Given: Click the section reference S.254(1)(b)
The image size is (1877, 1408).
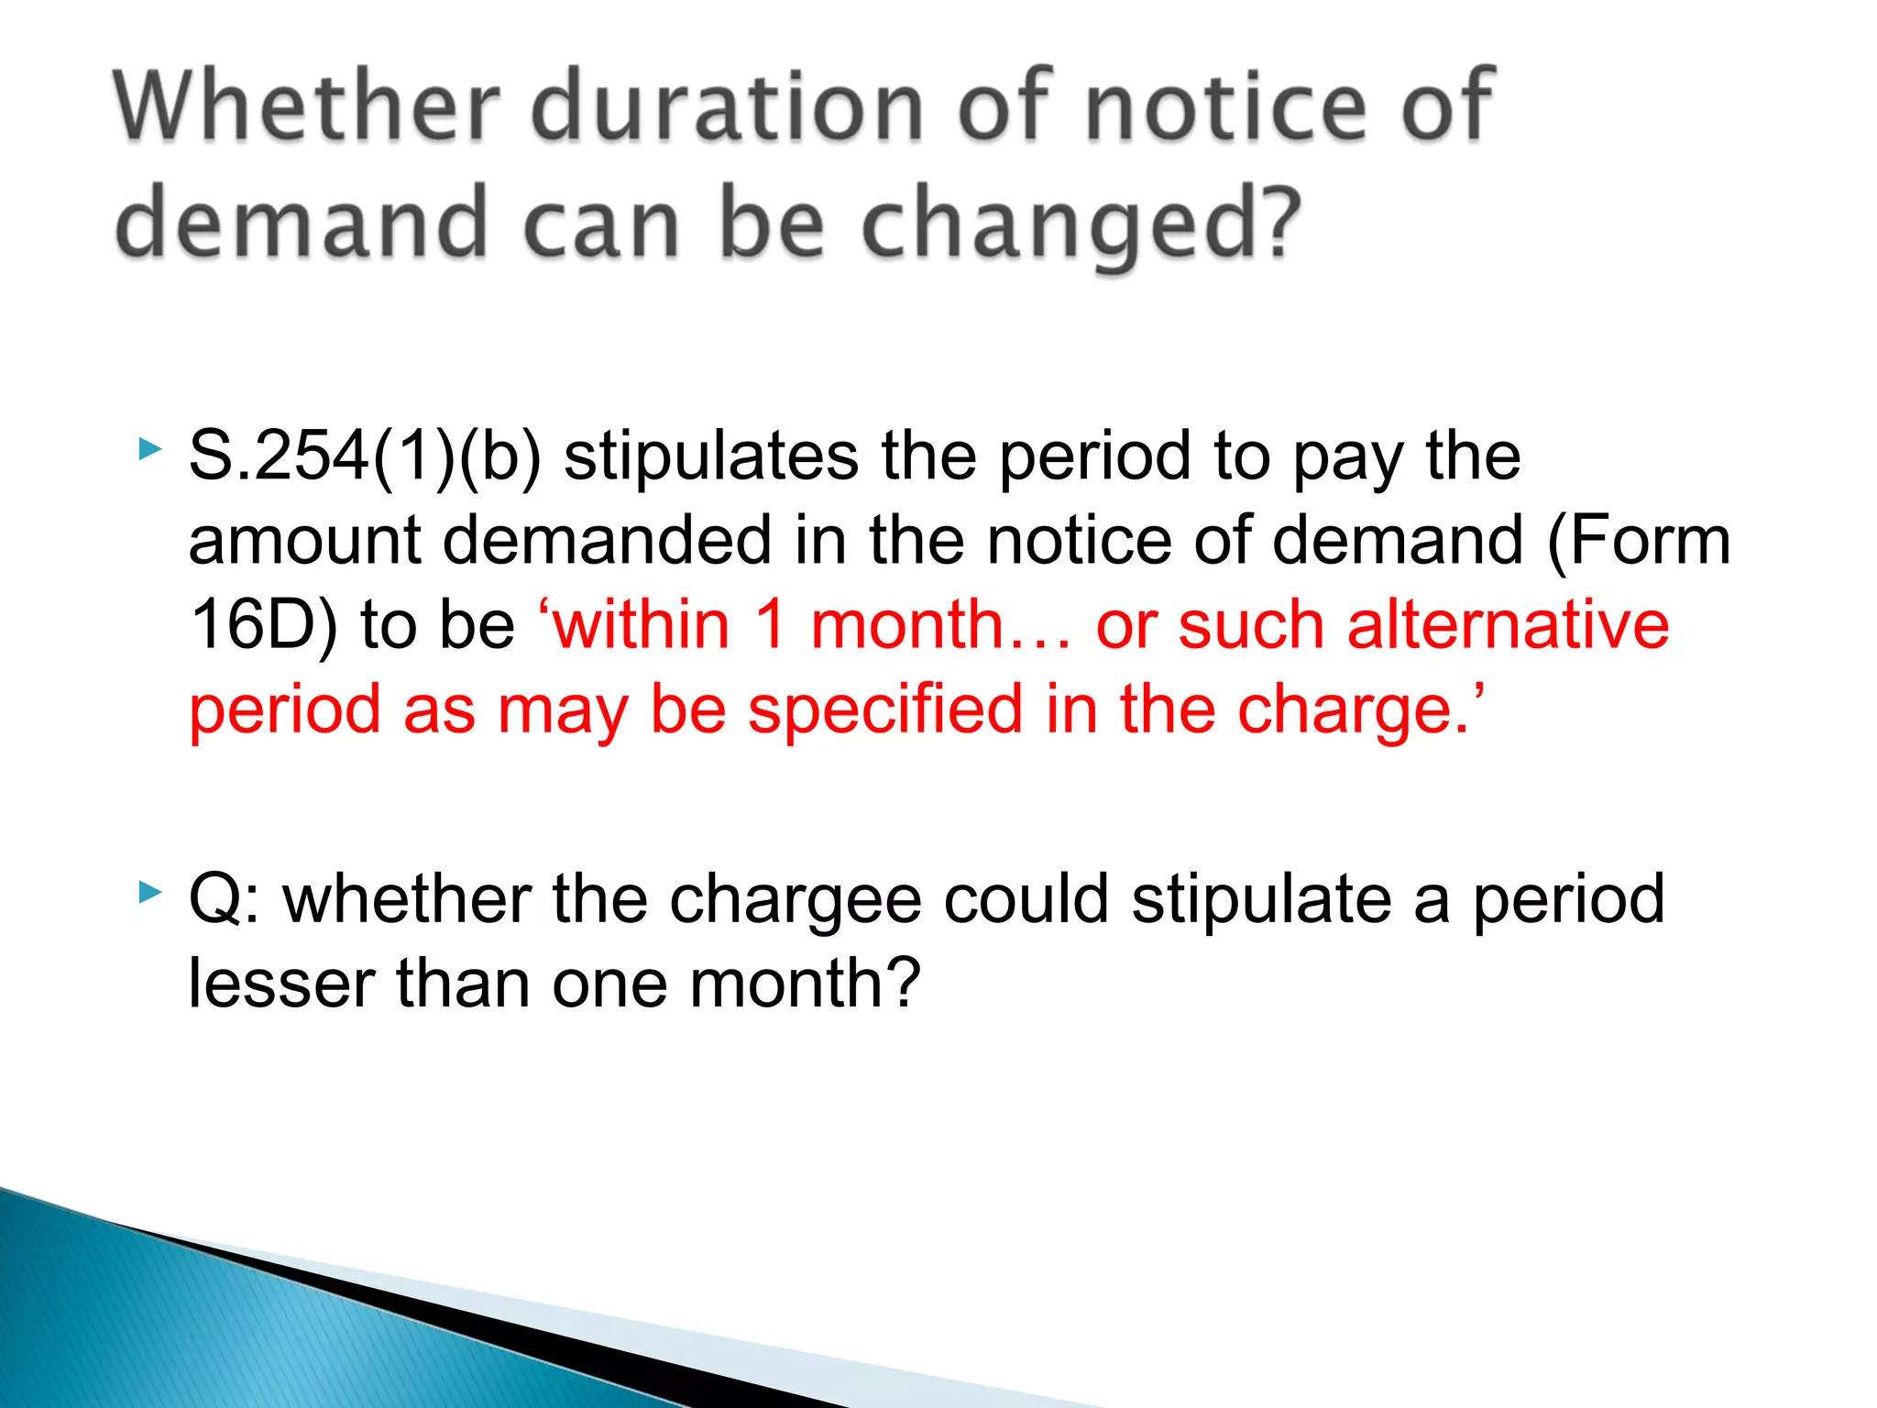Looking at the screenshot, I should pos(365,456).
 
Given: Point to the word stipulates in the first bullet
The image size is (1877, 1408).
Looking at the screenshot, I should pos(710,456).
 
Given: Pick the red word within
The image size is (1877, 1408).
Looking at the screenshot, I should pos(642,625).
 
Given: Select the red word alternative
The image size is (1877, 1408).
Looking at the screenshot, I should pos(1508,625).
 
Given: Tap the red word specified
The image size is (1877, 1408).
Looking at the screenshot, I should pos(884,709).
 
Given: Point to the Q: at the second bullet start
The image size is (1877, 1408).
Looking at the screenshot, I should pos(224,900).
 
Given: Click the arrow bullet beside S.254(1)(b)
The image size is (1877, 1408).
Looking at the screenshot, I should pos(150,448).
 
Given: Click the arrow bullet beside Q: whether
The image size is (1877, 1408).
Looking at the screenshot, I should pos(150,891).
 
